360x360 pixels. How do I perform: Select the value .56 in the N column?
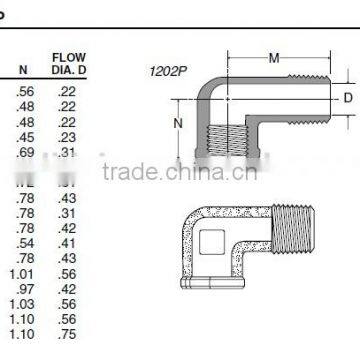pos(23,90)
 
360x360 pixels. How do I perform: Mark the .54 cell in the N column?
pos(23,243)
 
